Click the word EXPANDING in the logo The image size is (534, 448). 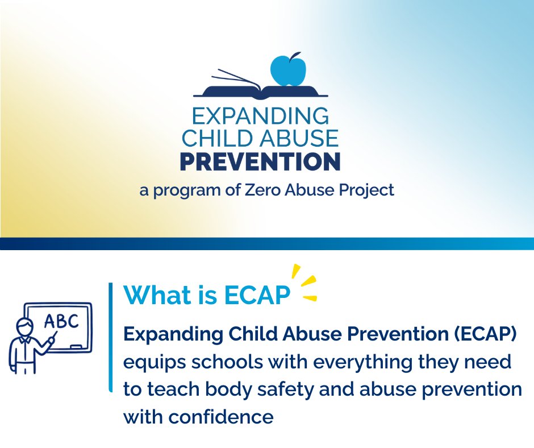click(x=260, y=117)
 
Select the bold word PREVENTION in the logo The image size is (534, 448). click(x=260, y=161)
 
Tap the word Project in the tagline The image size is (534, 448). click(x=366, y=190)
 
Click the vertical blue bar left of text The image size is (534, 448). click(x=110, y=335)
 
